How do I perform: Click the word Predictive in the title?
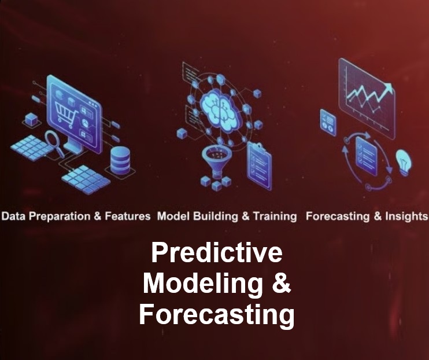tap(216, 254)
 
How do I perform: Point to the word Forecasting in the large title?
tap(216, 315)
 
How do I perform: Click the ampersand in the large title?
tap(279, 284)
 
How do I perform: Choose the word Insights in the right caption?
tap(405, 216)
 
